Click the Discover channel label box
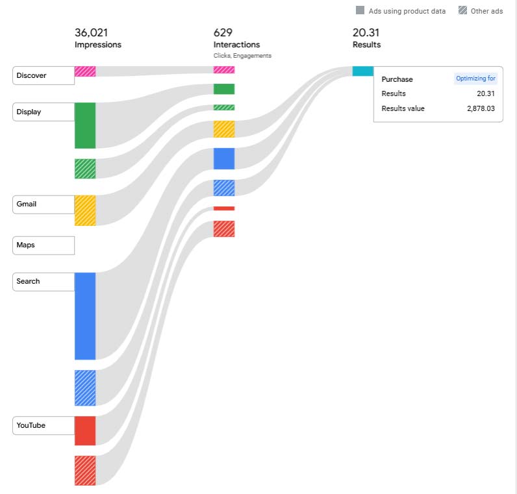pyautogui.click(x=43, y=75)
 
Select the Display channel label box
pyautogui.click(x=43, y=112)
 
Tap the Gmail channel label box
pyautogui.click(x=43, y=204)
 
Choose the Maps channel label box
pyautogui.click(x=43, y=245)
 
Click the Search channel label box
pyautogui.click(x=43, y=281)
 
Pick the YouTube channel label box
pyautogui.click(x=43, y=425)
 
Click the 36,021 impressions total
pyautogui.click(x=91, y=32)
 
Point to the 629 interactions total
pyautogui.click(x=223, y=32)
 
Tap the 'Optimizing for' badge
pyautogui.click(x=475, y=79)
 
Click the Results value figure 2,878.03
pyautogui.click(x=481, y=108)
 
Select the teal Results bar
pyautogui.click(x=362, y=71)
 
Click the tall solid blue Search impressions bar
pyautogui.click(x=85, y=315)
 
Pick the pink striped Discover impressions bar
pyautogui.click(x=85, y=71)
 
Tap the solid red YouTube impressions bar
pyautogui.click(x=85, y=430)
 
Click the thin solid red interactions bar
pyautogui.click(x=224, y=208)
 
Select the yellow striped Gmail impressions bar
pyautogui.click(x=85, y=210)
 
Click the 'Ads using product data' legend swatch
pyautogui.click(x=360, y=10)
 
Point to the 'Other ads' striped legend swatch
pyautogui.click(x=462, y=10)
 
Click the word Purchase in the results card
pyautogui.click(x=397, y=79)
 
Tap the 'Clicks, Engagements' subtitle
pyautogui.click(x=242, y=56)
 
